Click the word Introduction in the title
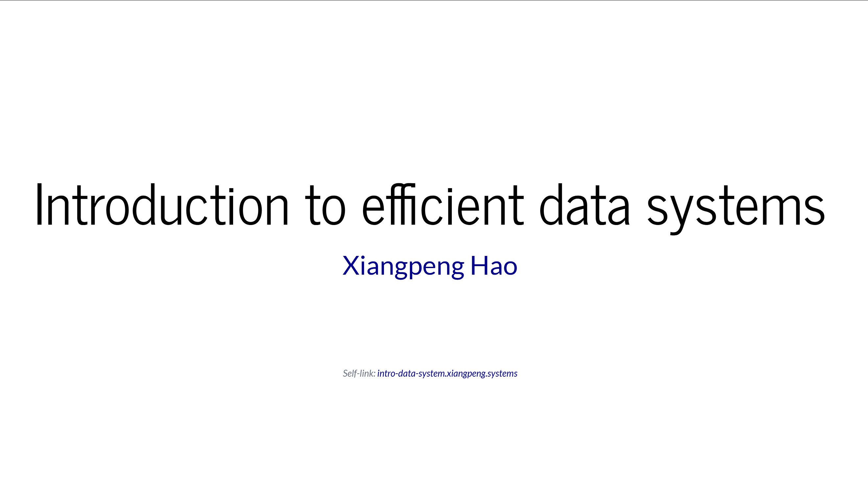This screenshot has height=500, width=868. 161,205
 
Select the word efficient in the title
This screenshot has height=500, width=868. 443,205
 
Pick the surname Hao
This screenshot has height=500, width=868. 494,265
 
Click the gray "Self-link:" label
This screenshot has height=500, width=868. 359,374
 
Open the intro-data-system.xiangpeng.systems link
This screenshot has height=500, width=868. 447,374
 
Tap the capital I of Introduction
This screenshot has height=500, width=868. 39,205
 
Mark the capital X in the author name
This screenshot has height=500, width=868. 351,265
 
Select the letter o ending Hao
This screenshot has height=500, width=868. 510,267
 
